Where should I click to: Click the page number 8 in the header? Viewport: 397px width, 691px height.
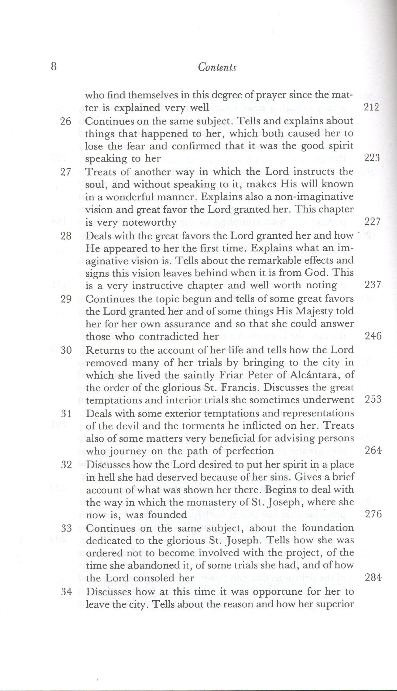[54, 67]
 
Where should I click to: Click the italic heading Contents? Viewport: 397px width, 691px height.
[217, 67]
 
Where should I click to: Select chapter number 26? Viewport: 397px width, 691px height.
[66, 121]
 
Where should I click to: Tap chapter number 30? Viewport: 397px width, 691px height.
[66, 350]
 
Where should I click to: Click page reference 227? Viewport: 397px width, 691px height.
[372, 221]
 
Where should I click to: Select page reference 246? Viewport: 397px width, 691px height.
[373, 336]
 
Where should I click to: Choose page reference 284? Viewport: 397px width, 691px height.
[373, 578]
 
